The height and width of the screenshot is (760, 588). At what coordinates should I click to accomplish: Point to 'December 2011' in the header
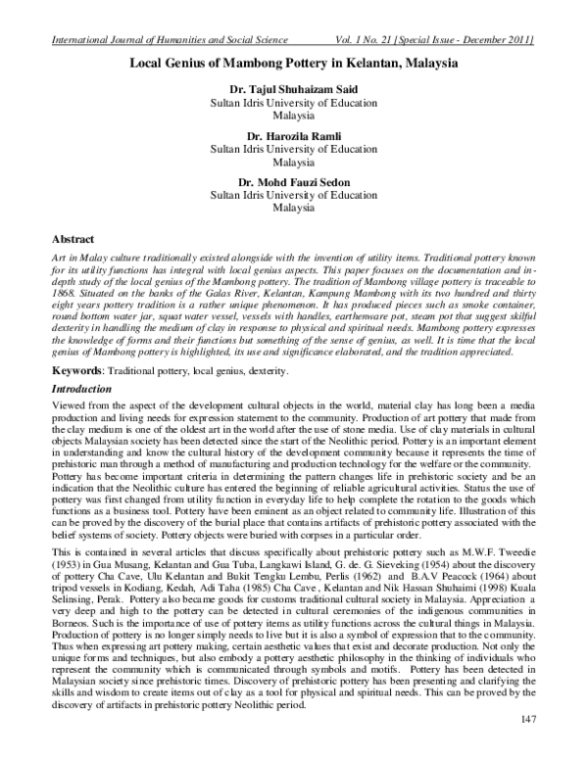coord(495,40)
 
